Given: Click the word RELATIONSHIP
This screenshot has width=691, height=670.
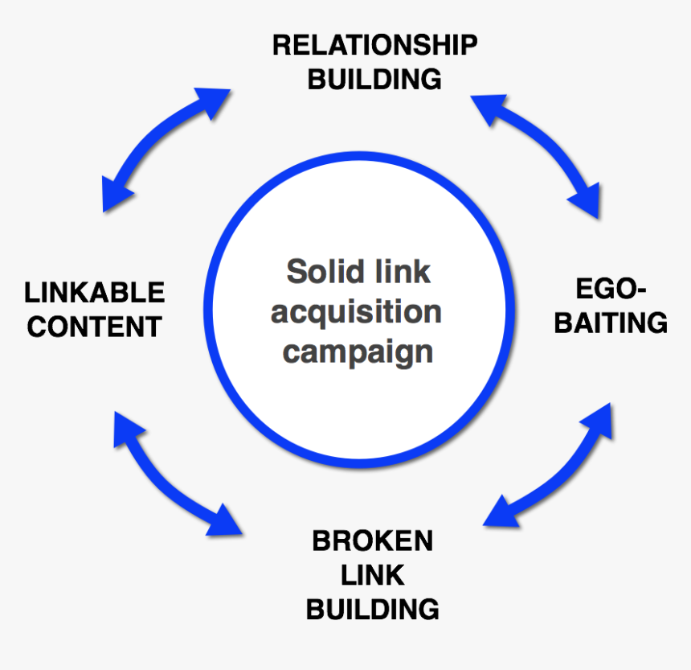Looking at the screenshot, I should tap(374, 45).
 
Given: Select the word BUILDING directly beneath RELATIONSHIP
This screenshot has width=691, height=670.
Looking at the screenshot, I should tap(374, 80).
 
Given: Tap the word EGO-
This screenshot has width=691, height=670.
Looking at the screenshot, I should tap(611, 289).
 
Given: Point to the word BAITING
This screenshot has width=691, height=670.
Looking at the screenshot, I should tap(611, 323).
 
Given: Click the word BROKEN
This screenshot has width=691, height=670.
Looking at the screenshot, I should tap(372, 541).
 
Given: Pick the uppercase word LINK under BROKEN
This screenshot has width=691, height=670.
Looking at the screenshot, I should tap(372, 575).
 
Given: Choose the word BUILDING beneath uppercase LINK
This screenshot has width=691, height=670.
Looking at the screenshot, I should tap(372, 609).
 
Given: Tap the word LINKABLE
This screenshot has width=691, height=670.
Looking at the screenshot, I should tap(94, 292).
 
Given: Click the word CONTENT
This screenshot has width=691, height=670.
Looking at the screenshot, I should tap(94, 327).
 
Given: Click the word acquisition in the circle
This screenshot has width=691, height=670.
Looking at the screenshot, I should tap(356, 311).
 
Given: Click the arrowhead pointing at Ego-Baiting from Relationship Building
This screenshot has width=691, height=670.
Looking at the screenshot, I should tap(585, 200).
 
